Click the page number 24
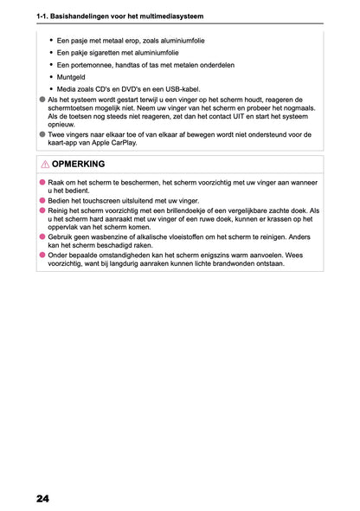[42, 498]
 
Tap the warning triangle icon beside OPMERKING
[43, 164]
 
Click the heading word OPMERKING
[78, 164]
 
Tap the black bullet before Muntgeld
[51, 76]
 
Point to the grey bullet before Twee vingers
[42, 134]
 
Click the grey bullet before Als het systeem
[42, 100]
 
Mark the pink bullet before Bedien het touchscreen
[42, 199]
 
